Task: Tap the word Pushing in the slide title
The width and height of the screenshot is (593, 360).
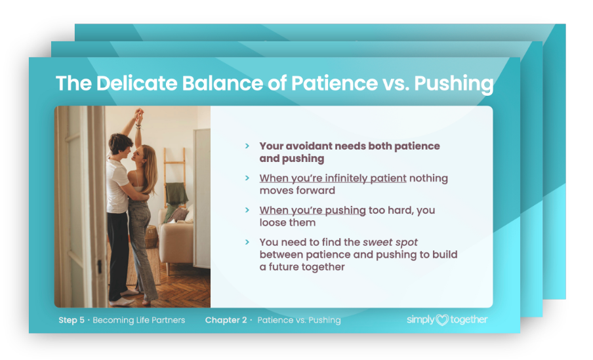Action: point(454,84)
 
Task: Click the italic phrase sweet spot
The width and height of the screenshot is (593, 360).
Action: point(390,243)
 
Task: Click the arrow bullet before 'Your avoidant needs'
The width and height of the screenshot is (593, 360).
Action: point(247,146)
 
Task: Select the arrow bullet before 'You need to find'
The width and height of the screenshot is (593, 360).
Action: point(247,242)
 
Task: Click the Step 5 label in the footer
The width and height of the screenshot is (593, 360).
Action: point(72,320)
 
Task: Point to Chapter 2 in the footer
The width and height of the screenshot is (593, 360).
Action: point(226,320)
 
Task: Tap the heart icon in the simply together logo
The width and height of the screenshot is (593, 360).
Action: point(442,320)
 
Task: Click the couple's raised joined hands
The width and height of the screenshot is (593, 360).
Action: point(139,113)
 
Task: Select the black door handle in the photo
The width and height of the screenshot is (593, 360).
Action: point(100,266)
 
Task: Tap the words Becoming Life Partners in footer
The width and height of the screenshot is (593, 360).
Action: point(139,320)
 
